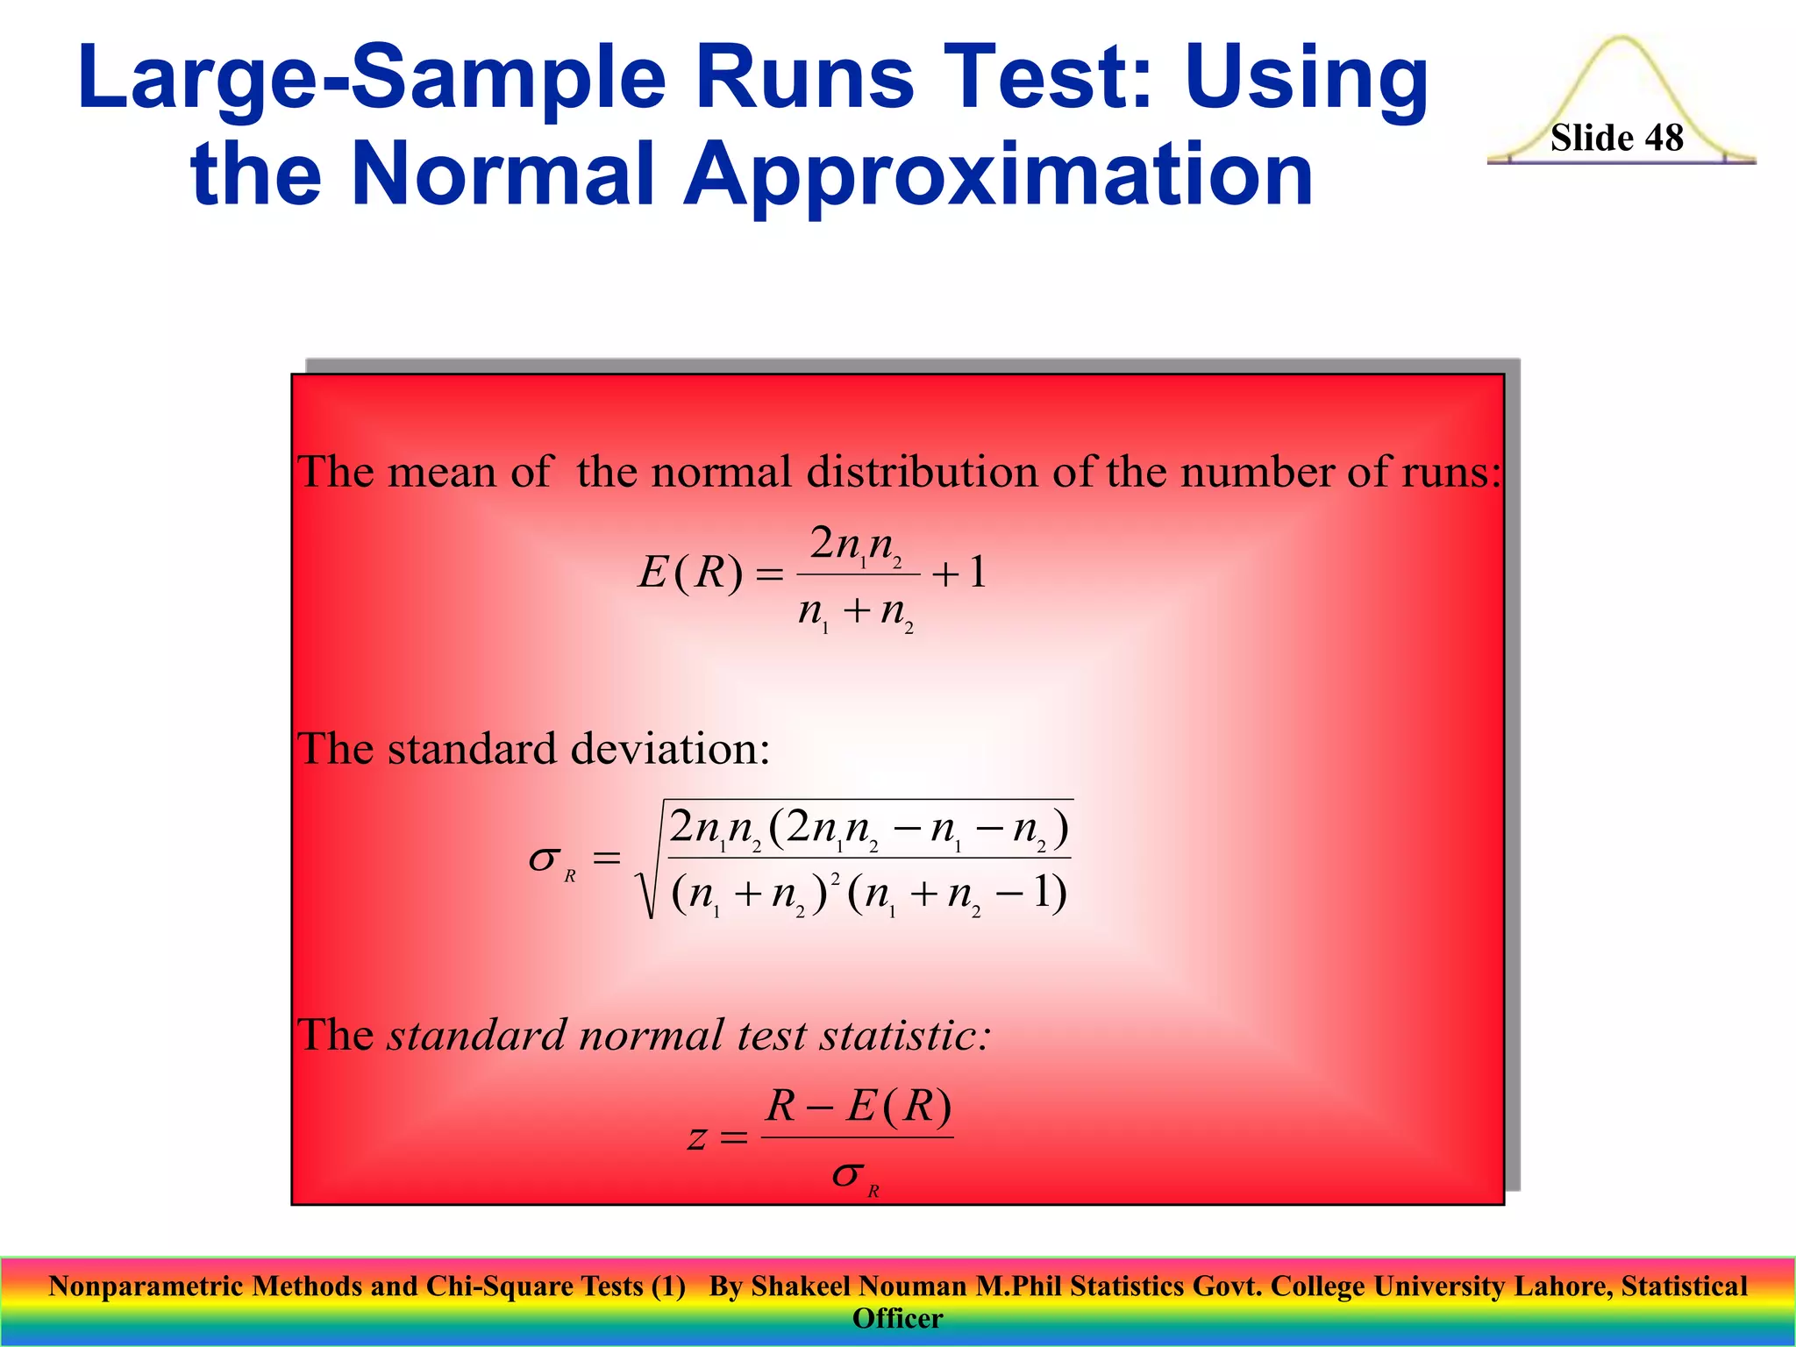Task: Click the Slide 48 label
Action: (x=1616, y=138)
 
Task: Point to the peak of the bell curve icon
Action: (x=1621, y=40)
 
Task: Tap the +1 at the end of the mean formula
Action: (x=959, y=574)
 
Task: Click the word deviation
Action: (x=670, y=750)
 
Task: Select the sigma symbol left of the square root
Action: (x=545, y=859)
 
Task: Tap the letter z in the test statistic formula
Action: (x=696, y=1138)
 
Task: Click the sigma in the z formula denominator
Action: (x=849, y=1175)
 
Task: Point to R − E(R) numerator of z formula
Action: (x=858, y=1107)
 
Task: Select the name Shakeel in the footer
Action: (x=801, y=1286)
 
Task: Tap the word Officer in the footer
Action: (x=897, y=1319)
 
